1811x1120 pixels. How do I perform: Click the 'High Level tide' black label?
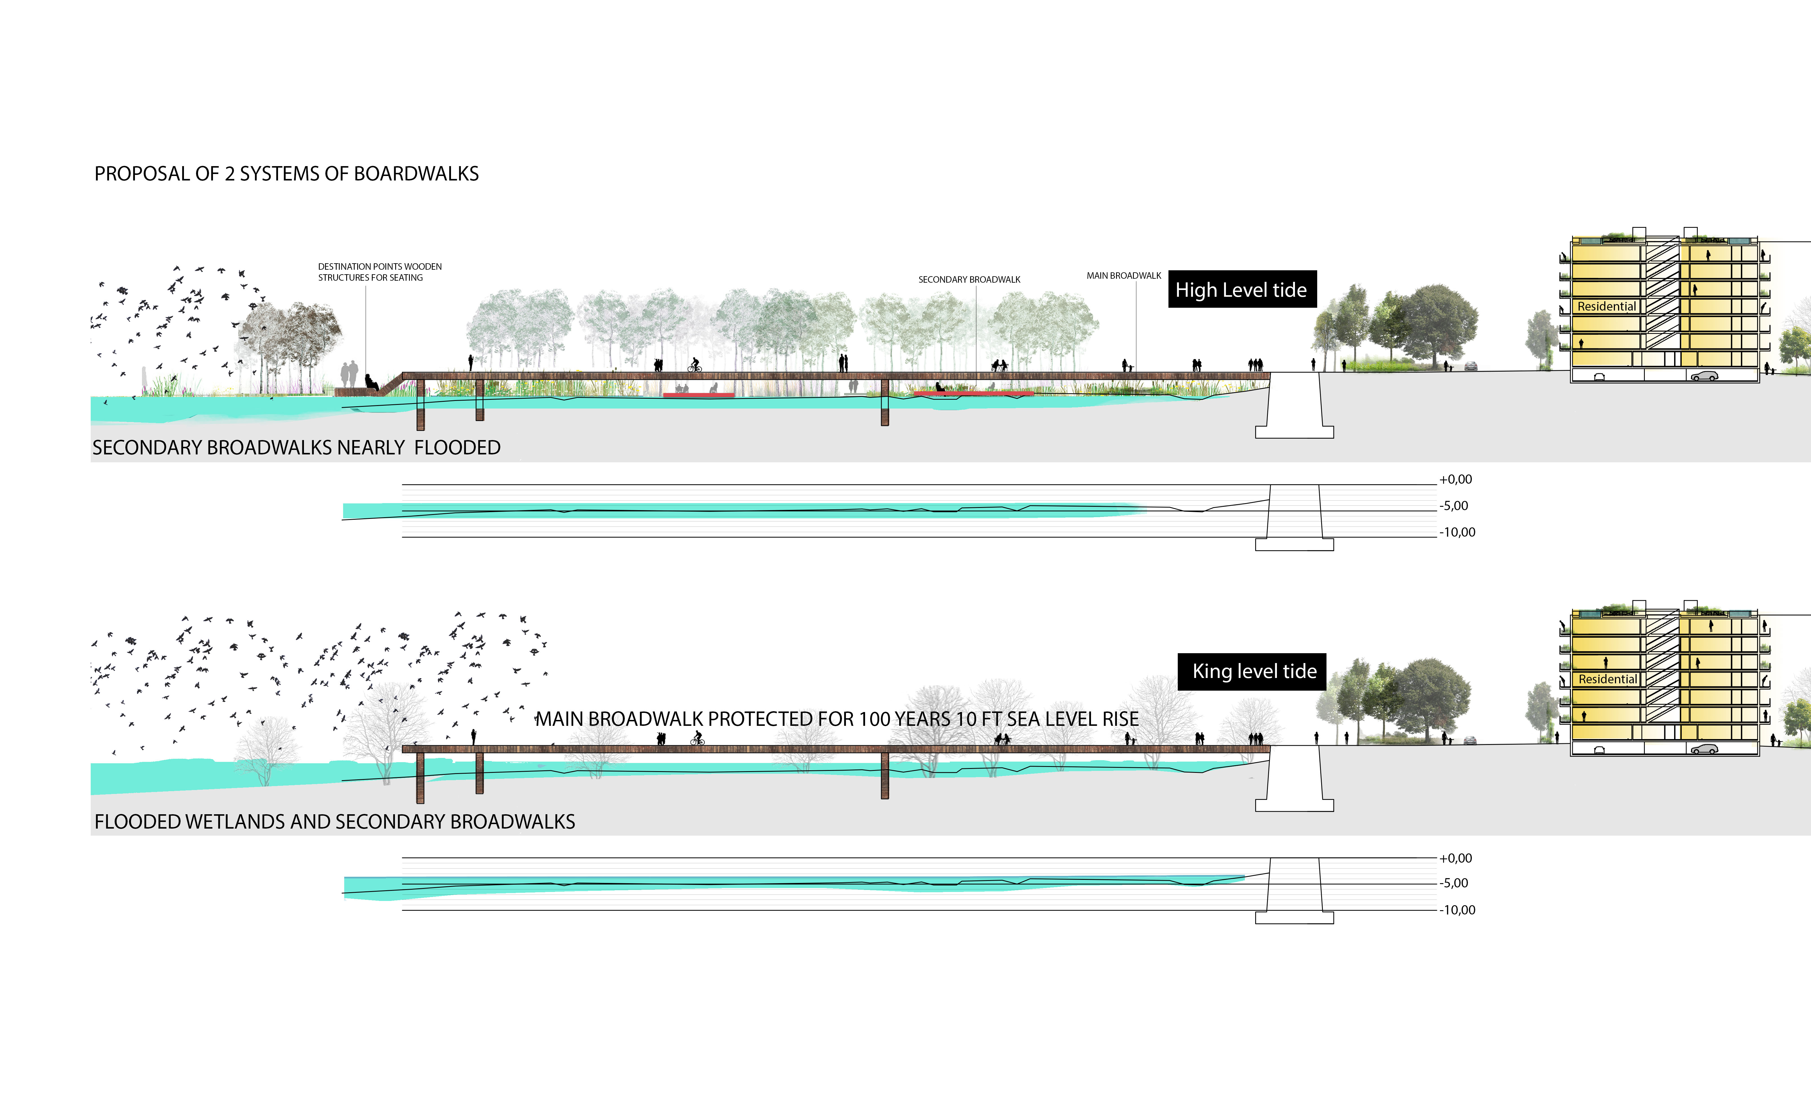coord(1242,290)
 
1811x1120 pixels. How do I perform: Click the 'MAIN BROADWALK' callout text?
coord(1123,276)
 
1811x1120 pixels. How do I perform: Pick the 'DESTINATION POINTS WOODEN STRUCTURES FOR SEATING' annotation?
coord(379,272)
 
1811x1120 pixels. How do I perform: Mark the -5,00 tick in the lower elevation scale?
coord(1454,883)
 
